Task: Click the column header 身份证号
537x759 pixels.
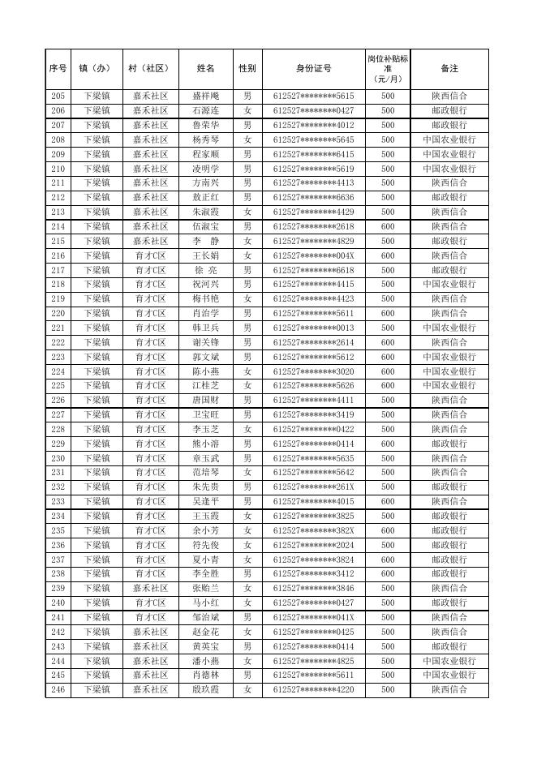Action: point(313,69)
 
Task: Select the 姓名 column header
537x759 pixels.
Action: point(206,69)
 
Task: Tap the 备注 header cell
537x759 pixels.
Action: point(449,69)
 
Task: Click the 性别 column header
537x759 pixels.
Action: point(247,69)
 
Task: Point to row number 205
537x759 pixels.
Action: point(58,96)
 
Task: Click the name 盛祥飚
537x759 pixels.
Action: point(206,96)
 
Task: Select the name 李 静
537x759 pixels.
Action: point(206,241)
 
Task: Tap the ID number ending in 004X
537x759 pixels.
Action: point(313,255)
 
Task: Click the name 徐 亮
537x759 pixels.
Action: point(206,270)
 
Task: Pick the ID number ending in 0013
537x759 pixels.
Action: point(313,328)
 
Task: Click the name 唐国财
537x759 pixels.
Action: point(206,400)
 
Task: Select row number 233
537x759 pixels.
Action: point(58,501)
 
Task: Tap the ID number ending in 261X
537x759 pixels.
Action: point(313,487)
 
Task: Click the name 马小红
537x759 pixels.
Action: point(206,602)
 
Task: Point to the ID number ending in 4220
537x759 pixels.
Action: point(313,689)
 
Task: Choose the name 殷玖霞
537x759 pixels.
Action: point(206,689)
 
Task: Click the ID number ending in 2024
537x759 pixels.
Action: point(313,545)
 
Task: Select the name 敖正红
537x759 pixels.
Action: point(206,197)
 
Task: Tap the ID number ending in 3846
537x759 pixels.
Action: point(313,588)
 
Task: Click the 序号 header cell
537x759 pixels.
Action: point(58,69)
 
